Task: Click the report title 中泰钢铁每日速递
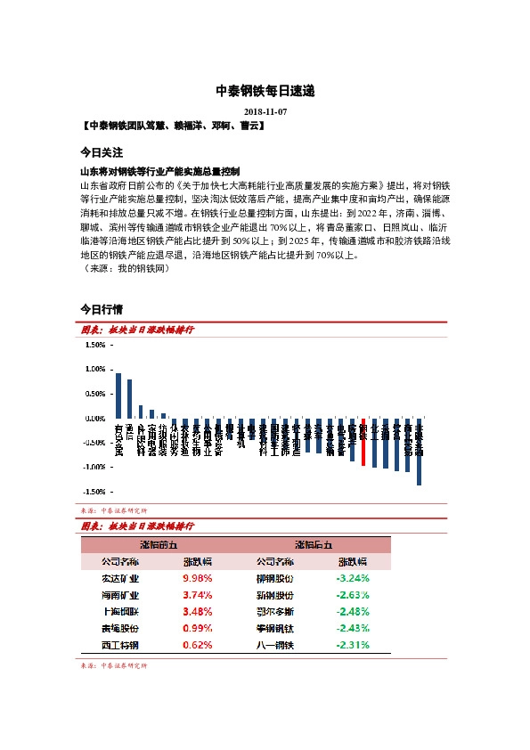pyautogui.click(x=265, y=92)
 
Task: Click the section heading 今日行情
pyautogui.click(x=101, y=309)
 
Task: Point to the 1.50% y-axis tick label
pyautogui.click(x=94, y=344)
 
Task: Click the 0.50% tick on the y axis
pyautogui.click(x=94, y=393)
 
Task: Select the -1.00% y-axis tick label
pyautogui.click(x=92, y=467)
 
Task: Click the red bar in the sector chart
pyautogui.click(x=363, y=441)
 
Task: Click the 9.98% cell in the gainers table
pyautogui.click(x=197, y=577)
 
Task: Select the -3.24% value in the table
pyautogui.click(x=353, y=577)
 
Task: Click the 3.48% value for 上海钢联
pyautogui.click(x=197, y=611)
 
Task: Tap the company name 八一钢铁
pyautogui.click(x=274, y=644)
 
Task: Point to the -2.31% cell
pyautogui.click(x=353, y=644)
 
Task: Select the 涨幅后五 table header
pyautogui.click(x=314, y=544)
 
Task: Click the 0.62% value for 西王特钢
pyautogui.click(x=197, y=644)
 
